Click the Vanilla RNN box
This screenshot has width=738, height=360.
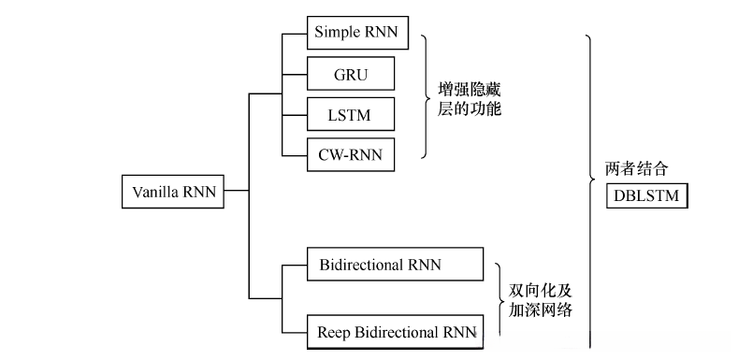coord(174,193)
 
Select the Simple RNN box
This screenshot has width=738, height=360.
coord(355,33)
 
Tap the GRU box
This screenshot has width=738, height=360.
coord(351,73)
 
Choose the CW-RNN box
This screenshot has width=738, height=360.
coord(351,153)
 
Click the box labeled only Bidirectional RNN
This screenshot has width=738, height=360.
coord(395,265)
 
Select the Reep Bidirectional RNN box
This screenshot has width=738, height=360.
coord(395,331)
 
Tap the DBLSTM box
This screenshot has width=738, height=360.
coord(646,195)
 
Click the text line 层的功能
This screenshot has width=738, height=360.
coord(470,110)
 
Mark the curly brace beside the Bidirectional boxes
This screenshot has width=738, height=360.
coord(500,298)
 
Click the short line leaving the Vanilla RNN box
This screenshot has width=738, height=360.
coord(237,193)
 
